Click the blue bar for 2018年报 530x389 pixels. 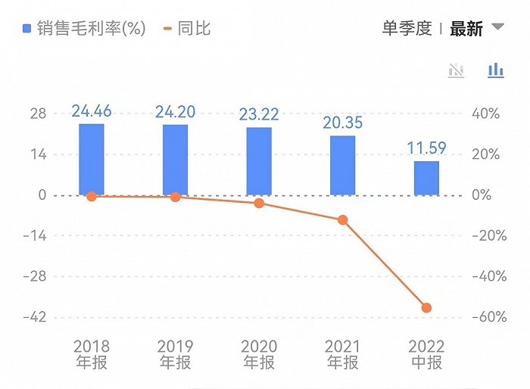pyautogui.click(x=92, y=159)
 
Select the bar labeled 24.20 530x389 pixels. pyautogui.click(x=175, y=159)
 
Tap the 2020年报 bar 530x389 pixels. pyautogui.click(x=259, y=160)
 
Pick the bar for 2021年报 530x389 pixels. pyautogui.click(x=342, y=165)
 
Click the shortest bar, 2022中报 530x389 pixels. pyautogui.click(x=426, y=178)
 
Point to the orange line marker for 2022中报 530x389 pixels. pyautogui.click(x=426, y=308)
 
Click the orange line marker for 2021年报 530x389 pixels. pyautogui.click(x=342, y=220)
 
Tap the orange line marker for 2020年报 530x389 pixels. pyautogui.click(x=259, y=203)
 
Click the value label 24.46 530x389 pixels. pyautogui.click(x=92, y=111)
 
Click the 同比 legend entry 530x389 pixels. pyautogui.click(x=188, y=29)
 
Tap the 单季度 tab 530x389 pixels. pyautogui.click(x=407, y=29)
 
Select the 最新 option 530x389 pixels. pyautogui.click(x=466, y=29)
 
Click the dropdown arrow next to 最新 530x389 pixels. pyautogui.click(x=497, y=27)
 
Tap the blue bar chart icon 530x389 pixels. pyautogui.click(x=496, y=70)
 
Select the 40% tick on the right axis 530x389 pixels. pyautogui.click(x=485, y=114)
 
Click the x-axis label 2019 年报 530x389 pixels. pyautogui.click(x=175, y=354)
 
